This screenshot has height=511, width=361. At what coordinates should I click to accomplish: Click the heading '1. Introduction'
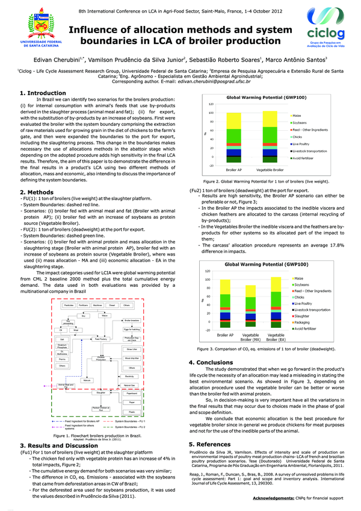pos(43,93)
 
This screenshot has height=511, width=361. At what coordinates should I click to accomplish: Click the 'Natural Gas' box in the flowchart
pos(131,384)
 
